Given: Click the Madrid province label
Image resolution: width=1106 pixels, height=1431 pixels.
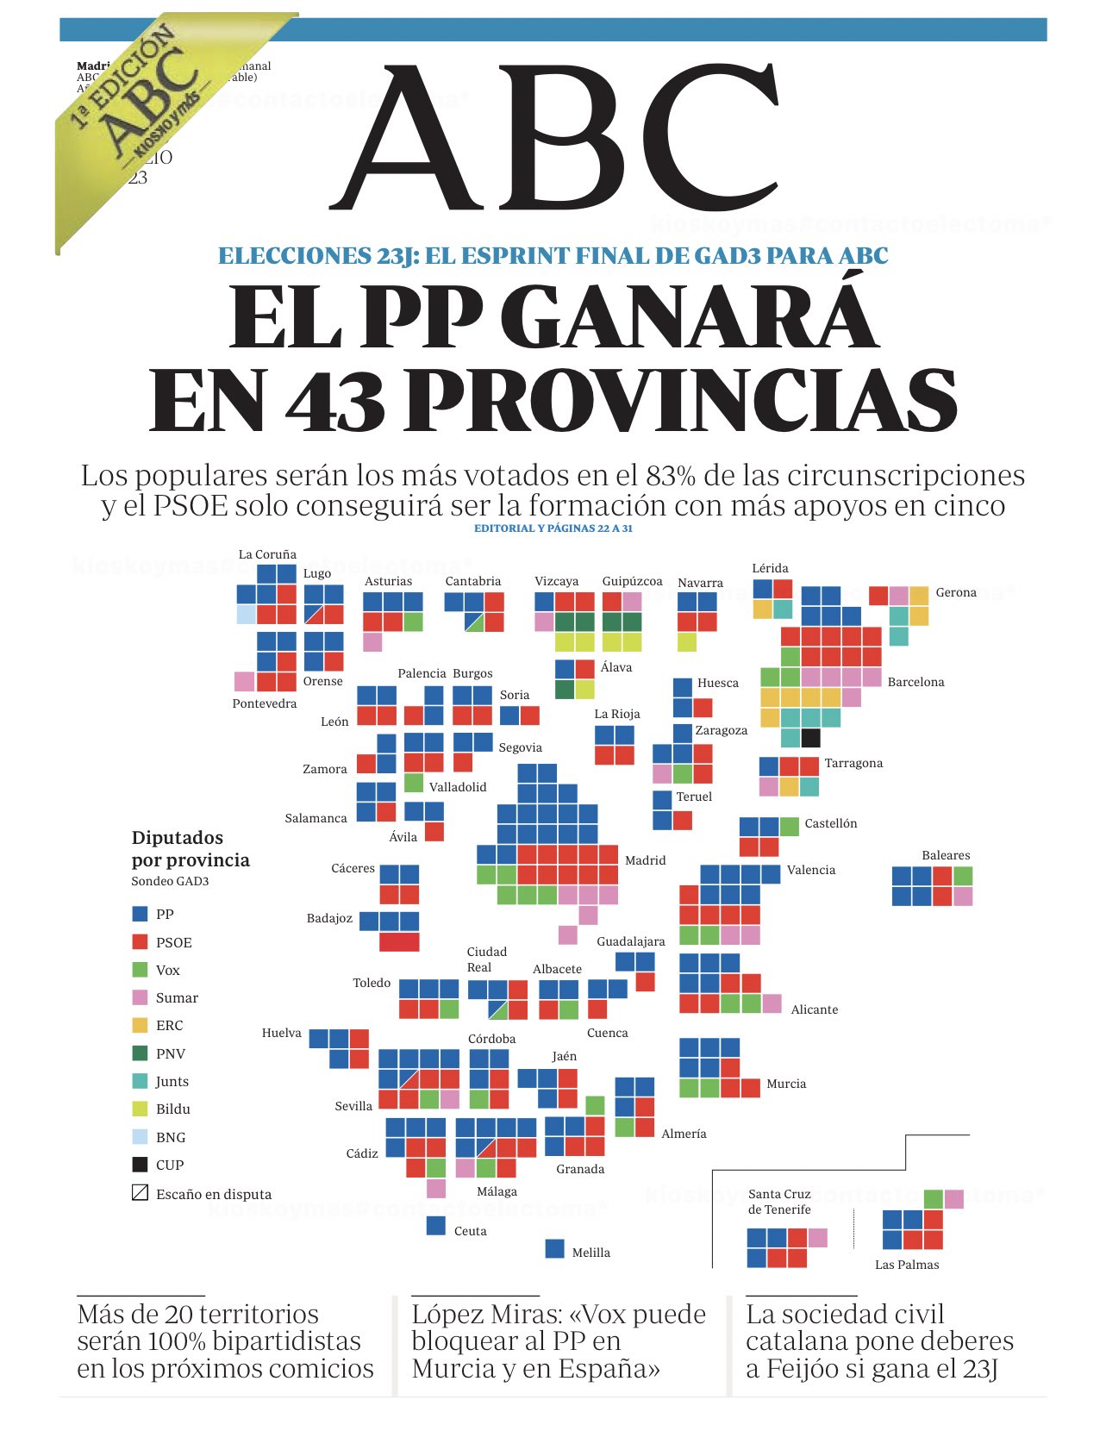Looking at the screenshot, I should tap(645, 860).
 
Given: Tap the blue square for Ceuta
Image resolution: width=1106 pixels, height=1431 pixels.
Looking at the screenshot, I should tap(436, 1225).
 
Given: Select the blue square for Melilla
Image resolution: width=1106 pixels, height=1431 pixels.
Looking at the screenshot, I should tap(555, 1248).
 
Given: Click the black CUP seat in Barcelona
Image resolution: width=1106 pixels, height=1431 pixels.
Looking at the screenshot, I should tap(810, 738).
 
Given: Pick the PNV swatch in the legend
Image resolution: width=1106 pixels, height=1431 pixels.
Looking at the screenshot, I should tap(140, 1053).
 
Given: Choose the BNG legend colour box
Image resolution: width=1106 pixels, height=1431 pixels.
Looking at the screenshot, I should tap(140, 1136).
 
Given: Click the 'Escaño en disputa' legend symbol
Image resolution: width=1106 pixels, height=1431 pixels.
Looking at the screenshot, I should tap(140, 1193).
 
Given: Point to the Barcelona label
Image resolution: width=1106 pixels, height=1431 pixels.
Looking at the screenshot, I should tap(915, 682).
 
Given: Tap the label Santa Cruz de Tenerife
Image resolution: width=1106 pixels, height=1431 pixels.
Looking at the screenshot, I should tap(779, 1202).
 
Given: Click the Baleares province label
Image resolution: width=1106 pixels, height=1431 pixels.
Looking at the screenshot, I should tap(946, 855).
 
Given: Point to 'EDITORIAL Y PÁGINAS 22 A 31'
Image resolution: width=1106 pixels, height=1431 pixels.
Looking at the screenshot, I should tap(553, 528).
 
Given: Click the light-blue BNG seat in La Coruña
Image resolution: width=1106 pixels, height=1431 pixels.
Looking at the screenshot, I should tap(246, 614).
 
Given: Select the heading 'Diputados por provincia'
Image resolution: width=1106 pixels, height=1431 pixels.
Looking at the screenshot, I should tap(191, 849).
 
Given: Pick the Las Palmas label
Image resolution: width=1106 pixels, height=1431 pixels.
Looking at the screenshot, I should tap(906, 1265).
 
